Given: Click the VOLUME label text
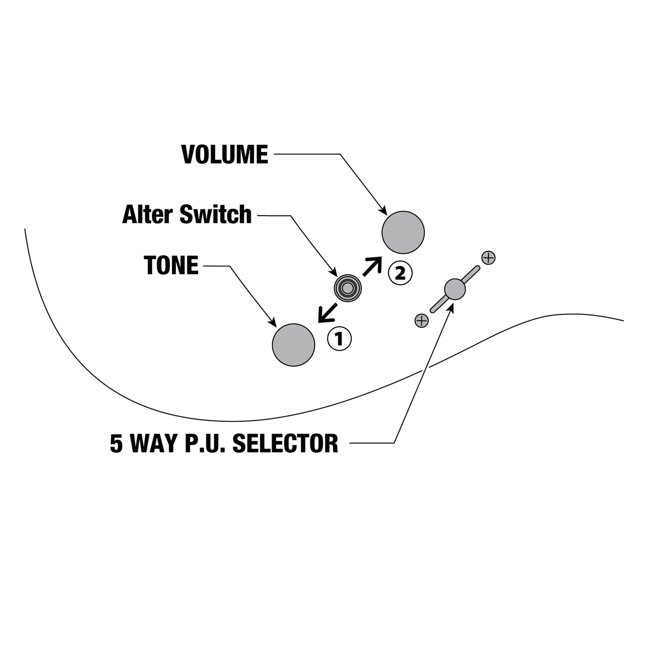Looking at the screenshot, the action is tap(225, 155).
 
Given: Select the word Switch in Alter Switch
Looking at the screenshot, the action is tap(216, 214).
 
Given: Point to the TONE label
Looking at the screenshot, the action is tap(171, 265).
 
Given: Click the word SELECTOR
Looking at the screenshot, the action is tap(285, 443).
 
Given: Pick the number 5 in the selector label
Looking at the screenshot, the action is tap(116, 444).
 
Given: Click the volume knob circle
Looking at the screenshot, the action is tap(403, 232).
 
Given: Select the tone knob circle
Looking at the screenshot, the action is tap(293, 345).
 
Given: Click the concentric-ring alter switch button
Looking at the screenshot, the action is tap(348, 288).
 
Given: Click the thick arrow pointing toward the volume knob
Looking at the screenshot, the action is tap(372, 266).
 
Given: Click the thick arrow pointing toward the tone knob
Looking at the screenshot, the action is tap(327, 313).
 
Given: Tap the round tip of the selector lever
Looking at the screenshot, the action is tap(455, 289).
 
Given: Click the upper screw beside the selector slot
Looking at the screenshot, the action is tap(488, 258).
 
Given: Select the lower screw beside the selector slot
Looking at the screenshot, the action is tap(422, 321).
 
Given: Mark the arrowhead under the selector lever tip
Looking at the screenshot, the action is tap(451, 307).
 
